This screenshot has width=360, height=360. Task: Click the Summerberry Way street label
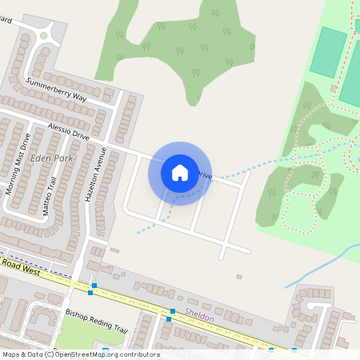coord(56,89)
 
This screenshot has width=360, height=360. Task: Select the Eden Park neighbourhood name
coord(50,158)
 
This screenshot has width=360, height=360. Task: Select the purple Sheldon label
coord(199,317)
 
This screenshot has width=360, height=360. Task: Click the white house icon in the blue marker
coord(180,173)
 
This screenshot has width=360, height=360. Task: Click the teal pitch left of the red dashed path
coord(328,52)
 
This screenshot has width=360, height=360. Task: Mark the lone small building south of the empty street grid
coord(238,277)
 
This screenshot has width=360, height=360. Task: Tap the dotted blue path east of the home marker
coord(264,167)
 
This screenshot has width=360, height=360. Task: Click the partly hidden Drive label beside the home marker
coord(205,174)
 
